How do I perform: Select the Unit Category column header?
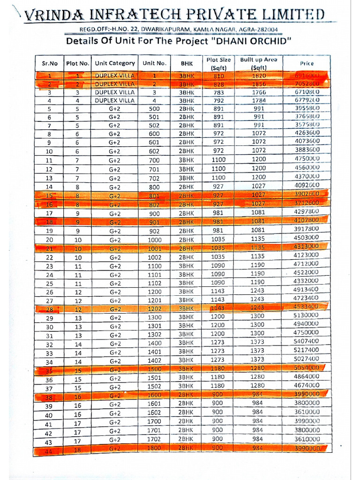pyautogui.click(x=115, y=63)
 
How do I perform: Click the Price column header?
pyautogui.click(x=307, y=63)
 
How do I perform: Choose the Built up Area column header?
pyautogui.click(x=258, y=63)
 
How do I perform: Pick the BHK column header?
pyautogui.click(x=186, y=63)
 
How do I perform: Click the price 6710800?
pyautogui.click(x=307, y=92)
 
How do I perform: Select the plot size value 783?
pyautogui.click(x=218, y=92)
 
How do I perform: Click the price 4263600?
pyautogui.click(x=307, y=134)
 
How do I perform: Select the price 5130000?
pyautogui.click(x=306, y=315)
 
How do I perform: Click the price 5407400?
pyautogui.click(x=306, y=341)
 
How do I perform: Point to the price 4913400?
pyautogui.click(x=306, y=289)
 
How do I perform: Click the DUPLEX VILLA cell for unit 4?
pyautogui.click(x=115, y=100)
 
